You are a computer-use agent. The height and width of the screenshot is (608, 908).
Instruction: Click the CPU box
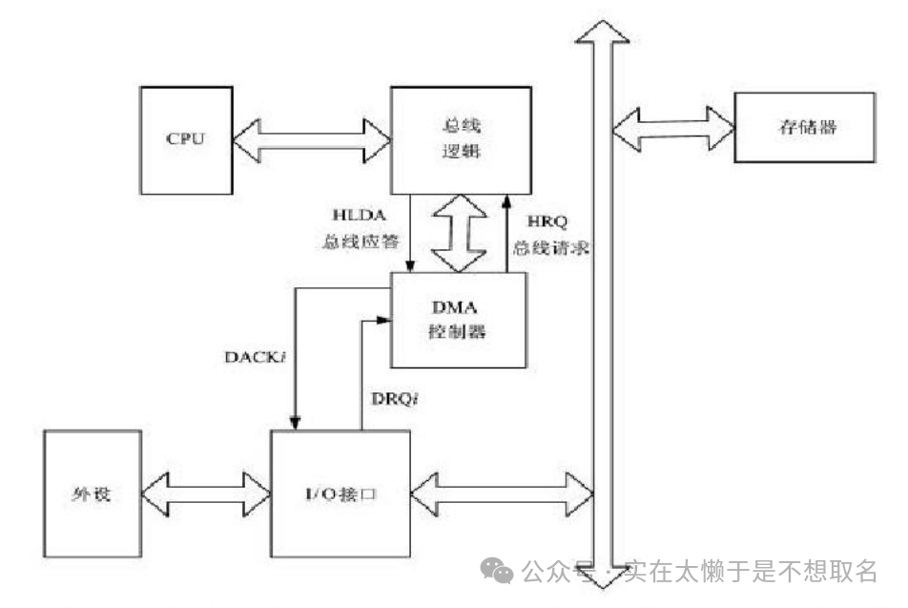coord(185,137)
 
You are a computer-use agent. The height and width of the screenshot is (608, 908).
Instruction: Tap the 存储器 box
coord(803,128)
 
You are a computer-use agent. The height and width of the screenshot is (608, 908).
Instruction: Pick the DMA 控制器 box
coord(458,320)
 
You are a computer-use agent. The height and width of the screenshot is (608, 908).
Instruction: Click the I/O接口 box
coord(340,494)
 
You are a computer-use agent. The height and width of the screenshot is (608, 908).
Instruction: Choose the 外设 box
coord(93,494)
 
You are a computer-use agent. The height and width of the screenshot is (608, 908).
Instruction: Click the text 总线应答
coord(355,243)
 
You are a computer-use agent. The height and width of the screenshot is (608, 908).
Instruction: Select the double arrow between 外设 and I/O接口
coord(206,494)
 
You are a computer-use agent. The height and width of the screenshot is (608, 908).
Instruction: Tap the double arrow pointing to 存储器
coord(672,128)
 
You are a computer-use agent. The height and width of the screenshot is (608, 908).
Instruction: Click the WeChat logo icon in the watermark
coord(500,571)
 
